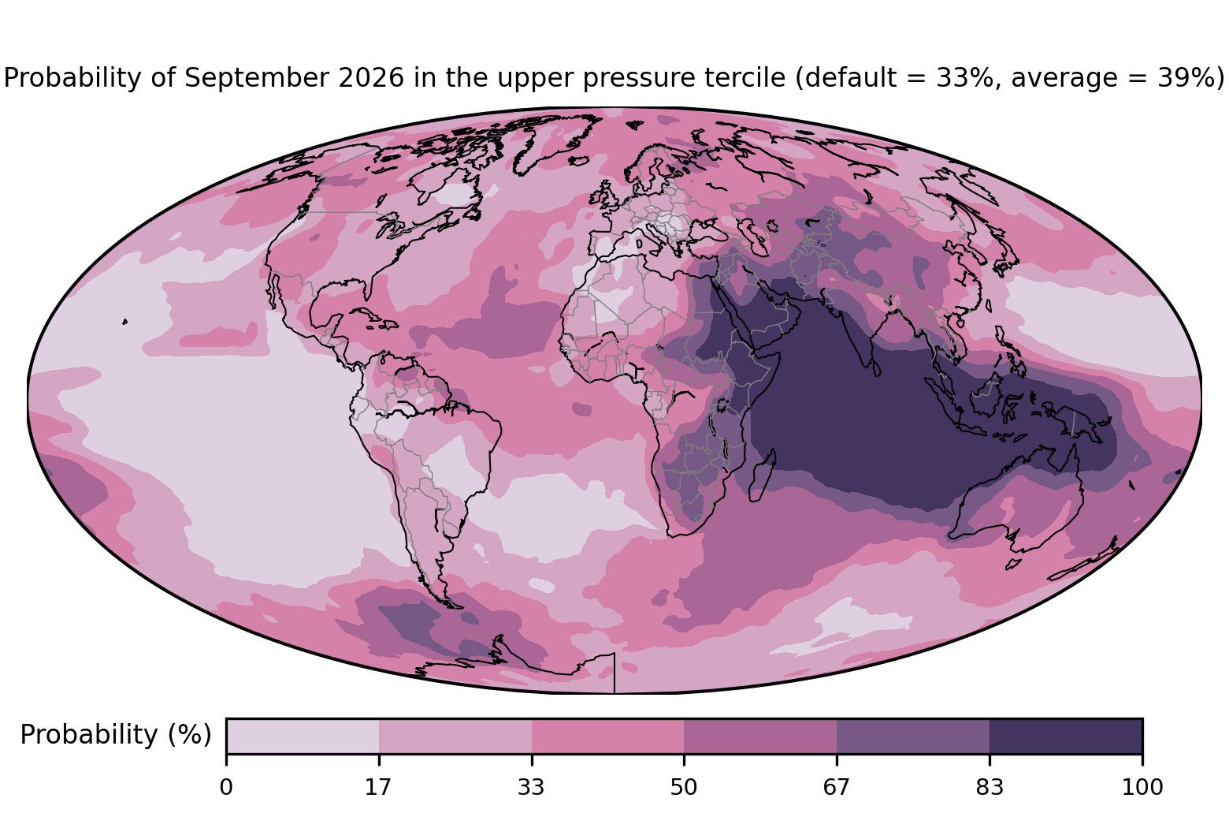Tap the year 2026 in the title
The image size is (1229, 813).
[x=372, y=77]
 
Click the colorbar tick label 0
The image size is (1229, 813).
[x=226, y=787]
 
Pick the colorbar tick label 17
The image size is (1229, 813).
[x=379, y=787]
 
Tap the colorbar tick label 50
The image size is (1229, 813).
[x=684, y=787]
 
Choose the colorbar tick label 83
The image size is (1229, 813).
[x=990, y=787]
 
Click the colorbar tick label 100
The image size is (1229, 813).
[x=1142, y=787]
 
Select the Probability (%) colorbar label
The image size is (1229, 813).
[x=116, y=734]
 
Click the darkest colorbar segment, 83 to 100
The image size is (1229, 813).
[x=1066, y=736]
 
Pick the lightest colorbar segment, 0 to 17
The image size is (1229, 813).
[x=303, y=736]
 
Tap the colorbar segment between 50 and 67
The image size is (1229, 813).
[x=760, y=736]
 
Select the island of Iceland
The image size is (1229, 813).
[x=579, y=161]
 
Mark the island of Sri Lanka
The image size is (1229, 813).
[x=875, y=368]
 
